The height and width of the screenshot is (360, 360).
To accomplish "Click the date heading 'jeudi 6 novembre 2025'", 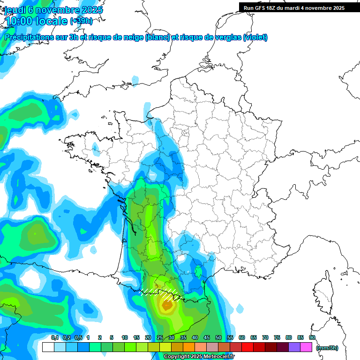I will (x=54, y=10).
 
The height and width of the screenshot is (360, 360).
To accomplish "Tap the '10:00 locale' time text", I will (x=37, y=21).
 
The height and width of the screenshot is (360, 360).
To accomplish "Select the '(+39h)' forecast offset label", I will (x=81, y=21).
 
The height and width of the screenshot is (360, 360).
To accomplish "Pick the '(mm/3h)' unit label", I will (x=327, y=348).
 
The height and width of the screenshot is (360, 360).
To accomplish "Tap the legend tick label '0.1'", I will (x=54, y=337).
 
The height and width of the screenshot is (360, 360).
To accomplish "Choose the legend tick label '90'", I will (x=312, y=337).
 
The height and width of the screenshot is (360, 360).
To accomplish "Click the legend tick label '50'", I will (x=218, y=337).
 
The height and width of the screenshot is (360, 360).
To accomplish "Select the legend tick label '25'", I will (x=159, y=337).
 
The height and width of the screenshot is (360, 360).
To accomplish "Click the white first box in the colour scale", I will (x=48, y=347).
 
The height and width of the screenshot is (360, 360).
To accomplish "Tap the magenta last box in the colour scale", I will (x=306, y=347).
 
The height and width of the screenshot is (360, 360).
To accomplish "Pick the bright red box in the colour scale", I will (x=247, y=347).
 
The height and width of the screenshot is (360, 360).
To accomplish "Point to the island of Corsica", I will (x=322, y=291).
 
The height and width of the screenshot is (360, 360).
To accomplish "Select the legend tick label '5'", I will (x=112, y=337).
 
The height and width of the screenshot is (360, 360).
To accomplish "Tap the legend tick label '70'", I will (x=265, y=337).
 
